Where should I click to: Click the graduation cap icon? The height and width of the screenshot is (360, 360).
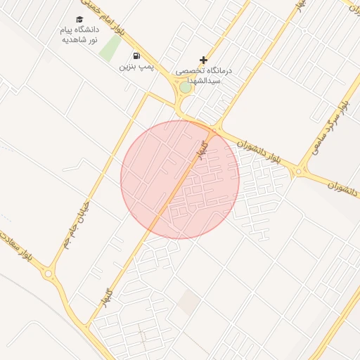click(79, 20)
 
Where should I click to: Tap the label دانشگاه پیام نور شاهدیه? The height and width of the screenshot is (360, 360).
click(79, 36)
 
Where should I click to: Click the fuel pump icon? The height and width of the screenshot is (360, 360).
click(136, 56)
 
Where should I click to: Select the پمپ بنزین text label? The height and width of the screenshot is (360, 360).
click(136, 67)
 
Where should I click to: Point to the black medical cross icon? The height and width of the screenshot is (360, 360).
click(204, 60)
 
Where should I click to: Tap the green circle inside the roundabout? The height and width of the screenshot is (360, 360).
click(185, 87)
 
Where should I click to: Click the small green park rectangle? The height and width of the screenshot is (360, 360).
click(110, 47)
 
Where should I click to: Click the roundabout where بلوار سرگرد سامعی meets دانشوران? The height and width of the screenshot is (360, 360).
click(301, 171)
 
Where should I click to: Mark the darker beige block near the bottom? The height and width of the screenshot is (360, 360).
click(188, 302)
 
